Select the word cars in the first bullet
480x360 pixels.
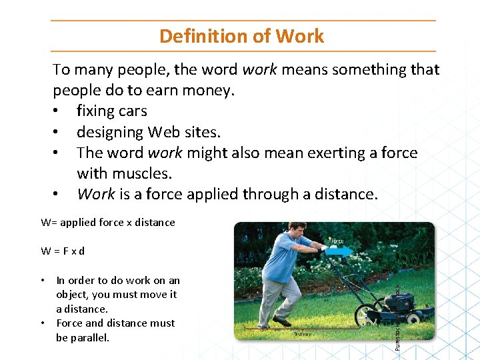pos(131,111)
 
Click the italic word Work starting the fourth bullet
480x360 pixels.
pos(95,194)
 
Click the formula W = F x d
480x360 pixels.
pos(63,251)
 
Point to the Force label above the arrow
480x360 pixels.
pos(337,241)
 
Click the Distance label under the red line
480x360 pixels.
pos(303,334)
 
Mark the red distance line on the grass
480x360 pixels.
pos(293,328)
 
